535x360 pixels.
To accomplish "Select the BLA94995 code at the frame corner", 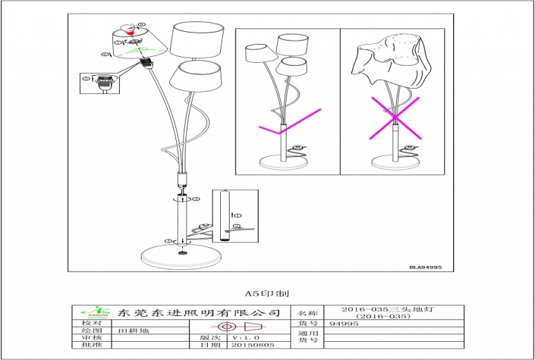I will point(425,267).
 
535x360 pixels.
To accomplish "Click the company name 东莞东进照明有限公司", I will point(198,313).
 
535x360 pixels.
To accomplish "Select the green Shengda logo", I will point(94,313).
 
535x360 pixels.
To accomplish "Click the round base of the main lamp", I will point(181,257).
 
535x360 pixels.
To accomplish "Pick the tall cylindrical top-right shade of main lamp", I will point(197,41).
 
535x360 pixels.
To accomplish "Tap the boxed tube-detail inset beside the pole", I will point(235,217).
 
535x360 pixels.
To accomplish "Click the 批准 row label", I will point(91,344).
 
